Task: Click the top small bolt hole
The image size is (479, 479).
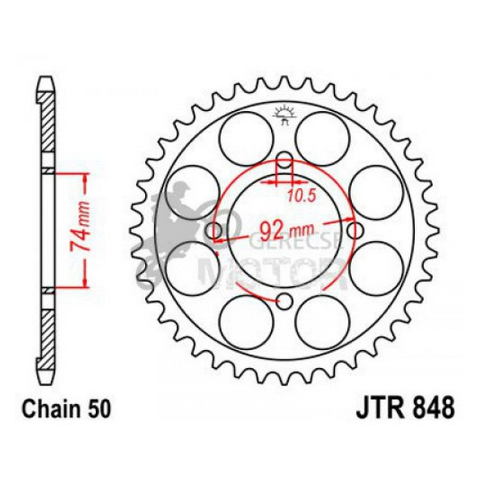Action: point(284,158)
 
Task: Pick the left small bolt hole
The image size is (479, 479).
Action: point(212,231)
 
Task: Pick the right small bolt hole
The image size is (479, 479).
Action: point(357,231)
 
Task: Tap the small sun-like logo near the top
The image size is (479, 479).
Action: point(284,115)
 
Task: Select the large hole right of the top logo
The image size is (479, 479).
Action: point(322,138)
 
